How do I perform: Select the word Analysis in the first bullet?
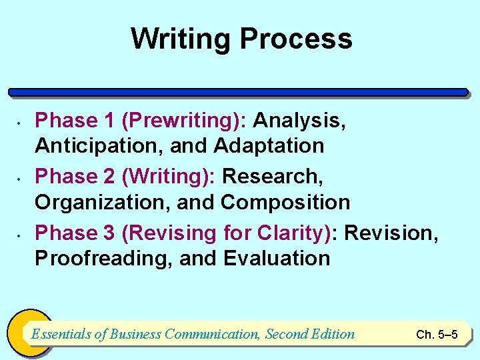(x=299, y=121)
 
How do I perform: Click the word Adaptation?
(x=269, y=146)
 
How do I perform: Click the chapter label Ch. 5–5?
(x=437, y=335)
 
